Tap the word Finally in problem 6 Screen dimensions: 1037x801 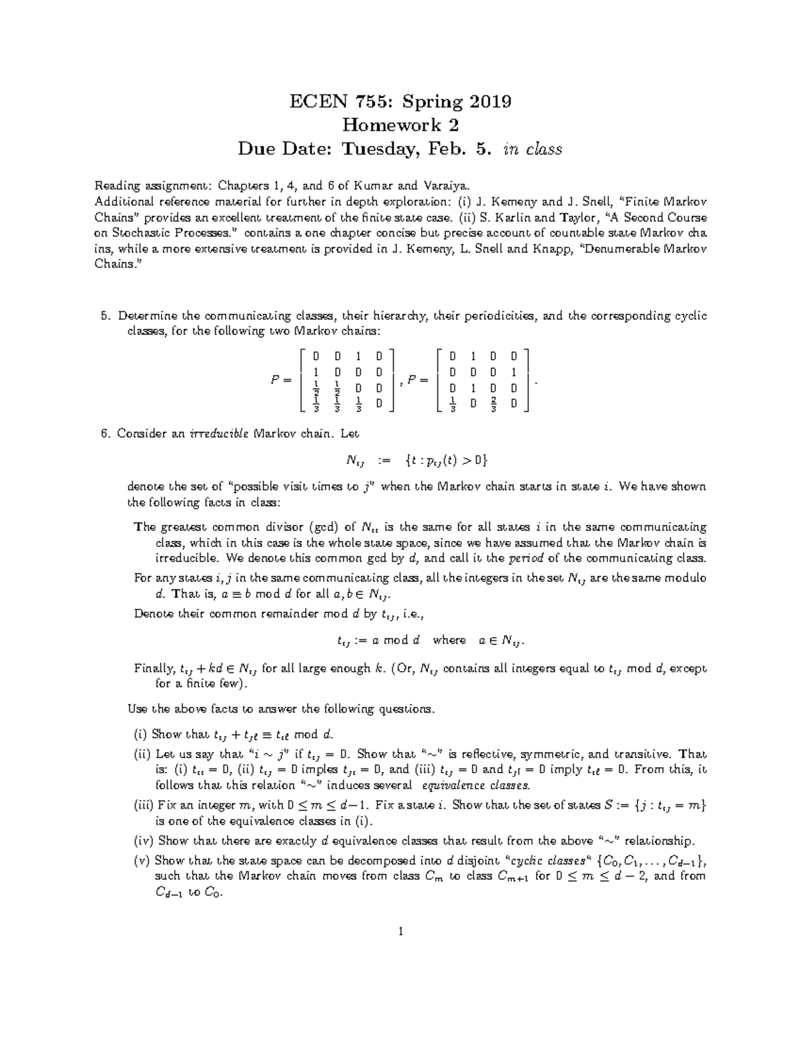(x=154, y=668)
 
